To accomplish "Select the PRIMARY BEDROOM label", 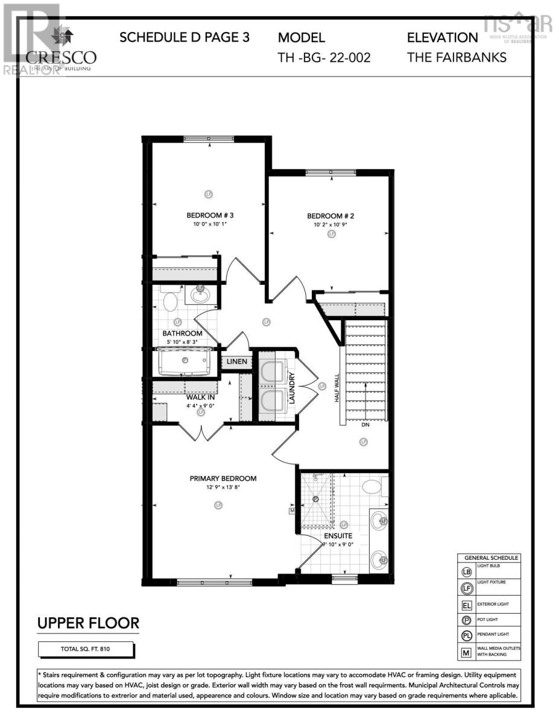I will click(223, 478).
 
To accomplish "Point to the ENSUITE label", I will click(337, 535).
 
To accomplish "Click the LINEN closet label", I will click(236, 362).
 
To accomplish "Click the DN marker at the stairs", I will click(365, 425).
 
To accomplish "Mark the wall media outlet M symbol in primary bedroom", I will click(292, 510).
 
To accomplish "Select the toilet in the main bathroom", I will click(169, 299).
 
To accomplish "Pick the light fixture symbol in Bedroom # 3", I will click(209, 194).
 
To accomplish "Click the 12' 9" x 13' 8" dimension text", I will click(223, 487).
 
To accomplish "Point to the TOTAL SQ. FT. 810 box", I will click(86, 649).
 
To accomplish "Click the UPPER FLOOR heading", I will click(88, 623).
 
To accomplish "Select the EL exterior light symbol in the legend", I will click(466, 605).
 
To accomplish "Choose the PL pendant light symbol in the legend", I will click(466, 635).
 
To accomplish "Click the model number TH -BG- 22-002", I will click(324, 58).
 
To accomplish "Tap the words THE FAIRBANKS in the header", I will click(456, 58).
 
